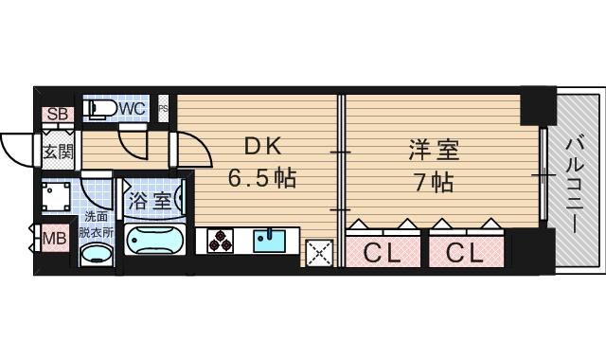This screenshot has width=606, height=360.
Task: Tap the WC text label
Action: coord(133,109)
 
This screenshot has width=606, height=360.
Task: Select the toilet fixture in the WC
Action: coord(100,110)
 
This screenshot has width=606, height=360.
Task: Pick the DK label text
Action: coord(262,147)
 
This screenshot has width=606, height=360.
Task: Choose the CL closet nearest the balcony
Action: coord(464,253)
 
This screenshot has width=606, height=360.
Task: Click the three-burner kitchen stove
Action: coord(220,241)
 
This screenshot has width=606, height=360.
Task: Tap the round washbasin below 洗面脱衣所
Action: coord(95,256)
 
